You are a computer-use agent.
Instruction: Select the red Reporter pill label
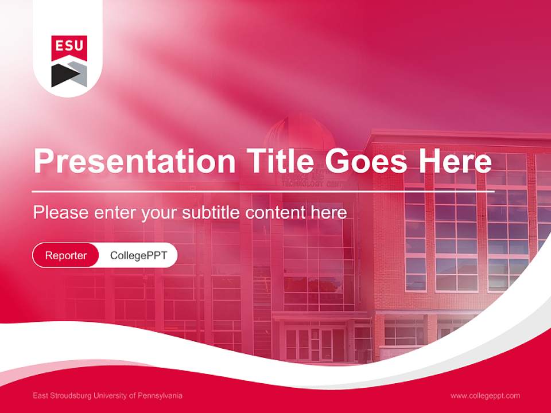click(66, 255)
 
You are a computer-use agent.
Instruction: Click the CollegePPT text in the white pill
click(138, 255)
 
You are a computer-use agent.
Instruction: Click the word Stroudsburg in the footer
click(76, 396)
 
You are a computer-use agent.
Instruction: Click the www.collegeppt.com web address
click(485, 396)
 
